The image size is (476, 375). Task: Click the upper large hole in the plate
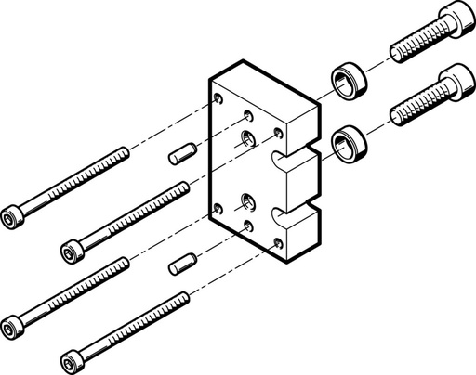point(248,139)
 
